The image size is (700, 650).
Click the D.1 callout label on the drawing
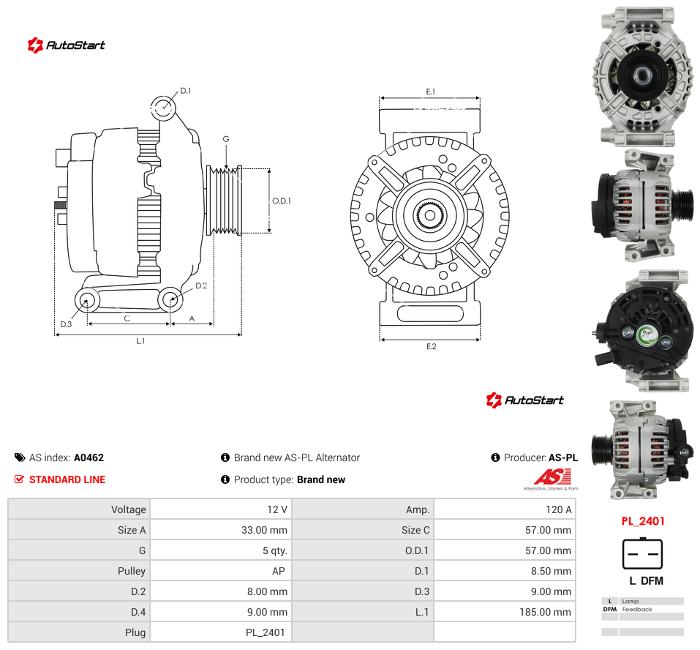(185, 91)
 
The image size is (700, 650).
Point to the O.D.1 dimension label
(282, 201)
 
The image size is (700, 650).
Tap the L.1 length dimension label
(140, 341)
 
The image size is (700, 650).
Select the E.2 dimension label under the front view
(431, 347)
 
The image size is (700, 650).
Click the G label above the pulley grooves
(226, 139)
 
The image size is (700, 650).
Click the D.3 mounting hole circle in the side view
(87, 300)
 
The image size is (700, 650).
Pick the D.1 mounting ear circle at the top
(163, 108)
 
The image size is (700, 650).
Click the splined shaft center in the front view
(430, 216)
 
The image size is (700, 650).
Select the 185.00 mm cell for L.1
(545, 612)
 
